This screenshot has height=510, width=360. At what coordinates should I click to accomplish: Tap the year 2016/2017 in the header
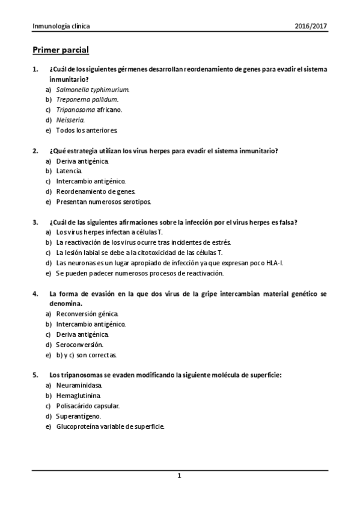[311, 26]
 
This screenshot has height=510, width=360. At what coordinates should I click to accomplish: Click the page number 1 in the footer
[179, 476]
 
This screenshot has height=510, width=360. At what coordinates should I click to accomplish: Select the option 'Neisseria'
[70, 120]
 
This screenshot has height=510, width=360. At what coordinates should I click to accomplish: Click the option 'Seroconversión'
[79, 345]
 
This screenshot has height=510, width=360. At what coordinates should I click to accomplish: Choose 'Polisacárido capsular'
[88, 406]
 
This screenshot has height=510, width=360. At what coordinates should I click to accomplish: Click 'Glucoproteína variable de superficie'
[109, 426]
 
